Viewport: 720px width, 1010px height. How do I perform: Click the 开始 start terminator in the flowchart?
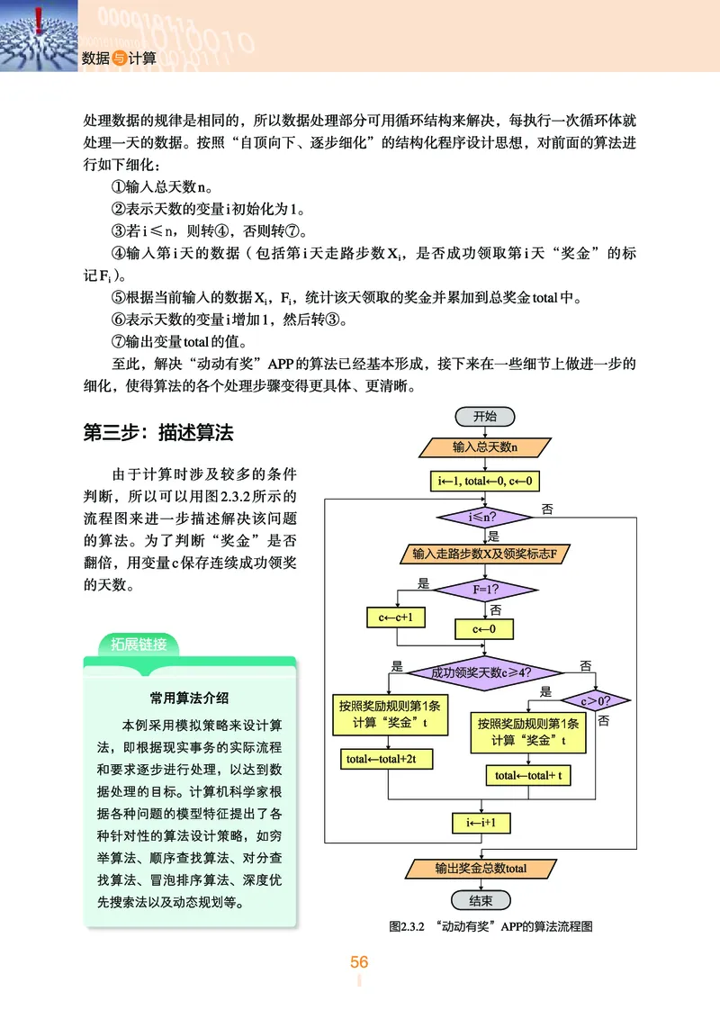[484, 416]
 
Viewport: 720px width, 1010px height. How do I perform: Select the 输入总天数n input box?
[484, 446]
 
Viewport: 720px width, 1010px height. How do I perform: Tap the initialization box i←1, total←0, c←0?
[484, 482]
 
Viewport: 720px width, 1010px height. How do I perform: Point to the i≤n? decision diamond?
[484, 517]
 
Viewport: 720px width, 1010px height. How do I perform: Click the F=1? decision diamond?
[485, 591]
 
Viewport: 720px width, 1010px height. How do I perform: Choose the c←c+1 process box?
[396, 618]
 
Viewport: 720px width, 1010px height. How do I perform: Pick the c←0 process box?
[484, 628]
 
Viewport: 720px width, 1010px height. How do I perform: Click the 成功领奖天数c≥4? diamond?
[485, 672]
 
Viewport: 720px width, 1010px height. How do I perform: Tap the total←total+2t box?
[388, 760]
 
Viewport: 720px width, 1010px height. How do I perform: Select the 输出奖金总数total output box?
[481, 869]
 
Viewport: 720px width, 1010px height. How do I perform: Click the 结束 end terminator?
[481, 901]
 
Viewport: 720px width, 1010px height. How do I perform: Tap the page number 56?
[359, 962]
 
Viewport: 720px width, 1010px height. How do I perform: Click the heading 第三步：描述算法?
[158, 433]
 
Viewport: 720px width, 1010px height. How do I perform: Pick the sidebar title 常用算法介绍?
[189, 697]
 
